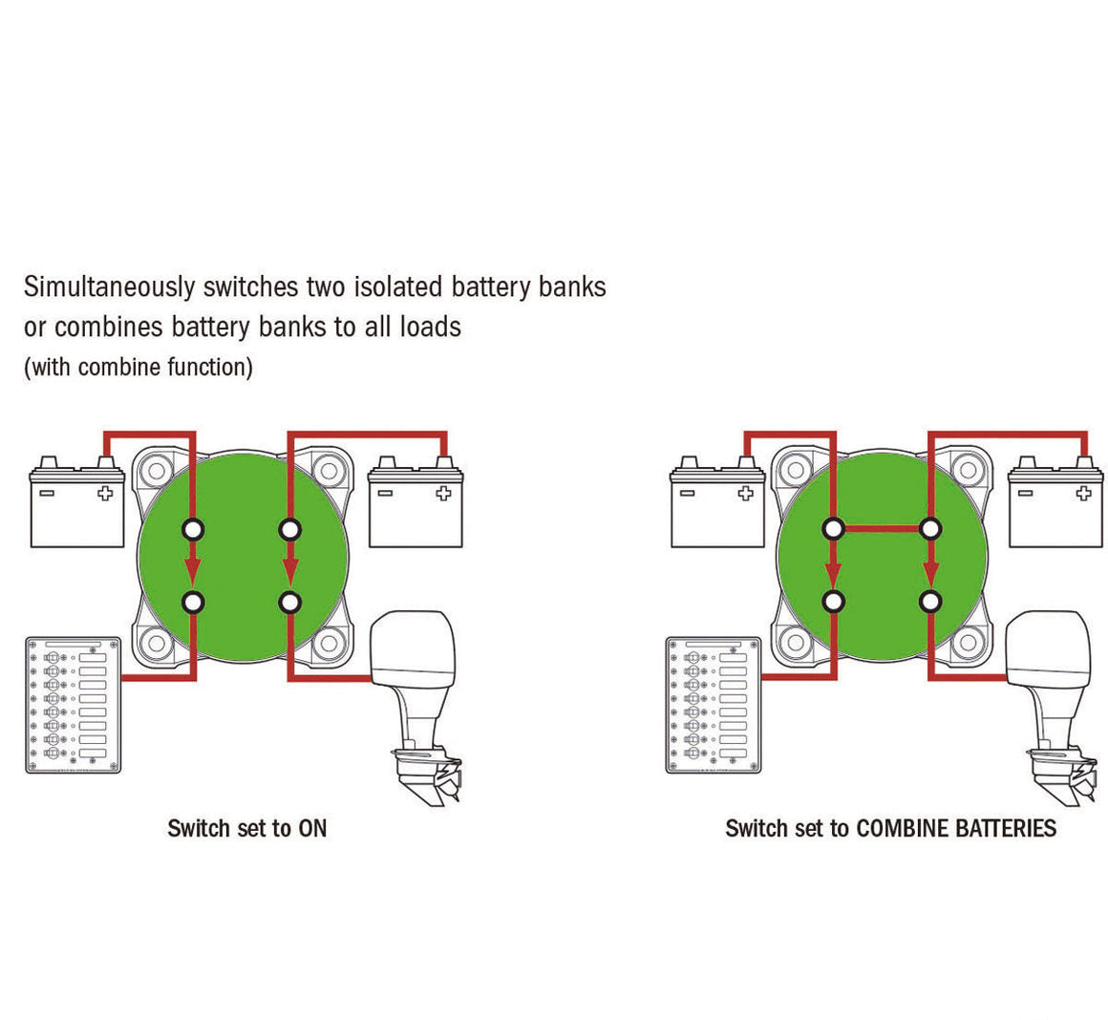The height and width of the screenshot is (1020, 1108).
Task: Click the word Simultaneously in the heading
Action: [x=110, y=287]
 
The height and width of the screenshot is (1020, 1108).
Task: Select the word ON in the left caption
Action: [x=312, y=828]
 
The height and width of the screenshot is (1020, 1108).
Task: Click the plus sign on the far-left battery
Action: [x=105, y=493]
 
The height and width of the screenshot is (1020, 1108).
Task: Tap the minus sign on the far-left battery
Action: [x=47, y=493]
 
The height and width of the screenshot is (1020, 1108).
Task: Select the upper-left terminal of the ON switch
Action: [x=193, y=529]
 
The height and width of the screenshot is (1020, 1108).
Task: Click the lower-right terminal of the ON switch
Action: [x=289, y=603]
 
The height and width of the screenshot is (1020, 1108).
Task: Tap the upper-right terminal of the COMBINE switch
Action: [x=930, y=528]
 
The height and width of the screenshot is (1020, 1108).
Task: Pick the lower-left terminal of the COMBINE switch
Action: [x=834, y=602]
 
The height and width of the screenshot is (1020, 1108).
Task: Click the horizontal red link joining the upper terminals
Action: [x=882, y=528]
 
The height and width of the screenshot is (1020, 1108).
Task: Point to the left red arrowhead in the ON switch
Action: [x=193, y=569]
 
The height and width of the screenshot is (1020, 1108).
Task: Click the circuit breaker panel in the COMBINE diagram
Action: [x=714, y=705]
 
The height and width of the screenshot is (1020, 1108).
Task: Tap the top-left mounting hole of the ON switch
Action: [x=156, y=470]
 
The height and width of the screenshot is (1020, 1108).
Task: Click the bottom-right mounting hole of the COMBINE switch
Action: [x=968, y=644]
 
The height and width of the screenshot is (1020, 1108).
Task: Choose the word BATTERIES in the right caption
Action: [x=1006, y=828]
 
